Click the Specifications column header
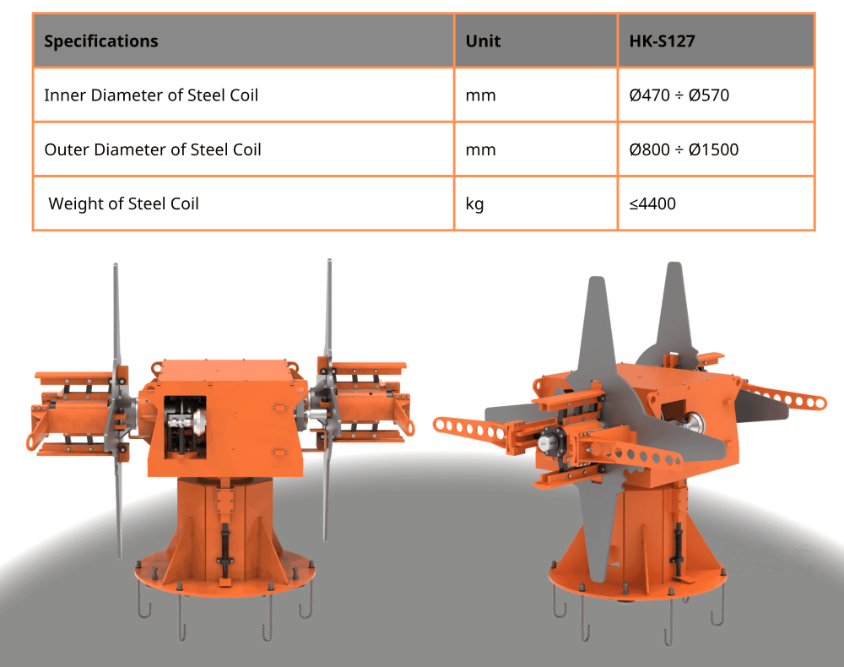[x=101, y=41]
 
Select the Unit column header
[x=483, y=41]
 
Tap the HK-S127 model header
[x=662, y=41]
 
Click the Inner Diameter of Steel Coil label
[x=151, y=95]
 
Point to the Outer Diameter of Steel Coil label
[x=153, y=149]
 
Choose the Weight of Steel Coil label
[x=124, y=204]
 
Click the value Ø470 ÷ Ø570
[x=679, y=95]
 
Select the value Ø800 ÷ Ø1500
[x=684, y=149]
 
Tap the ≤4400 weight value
[x=652, y=204]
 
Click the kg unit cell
[x=474, y=204]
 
